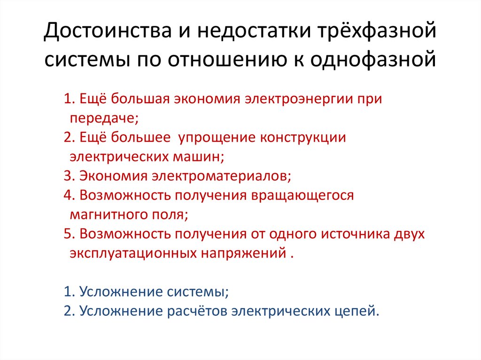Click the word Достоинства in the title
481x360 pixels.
[108, 31]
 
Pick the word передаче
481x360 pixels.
[104, 118]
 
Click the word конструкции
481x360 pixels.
[303, 138]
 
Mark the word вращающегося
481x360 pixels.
[303, 195]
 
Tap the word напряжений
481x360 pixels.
[244, 253]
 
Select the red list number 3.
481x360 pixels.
[68, 176]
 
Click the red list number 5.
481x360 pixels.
[68, 234]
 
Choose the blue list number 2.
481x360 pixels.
[68, 311]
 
